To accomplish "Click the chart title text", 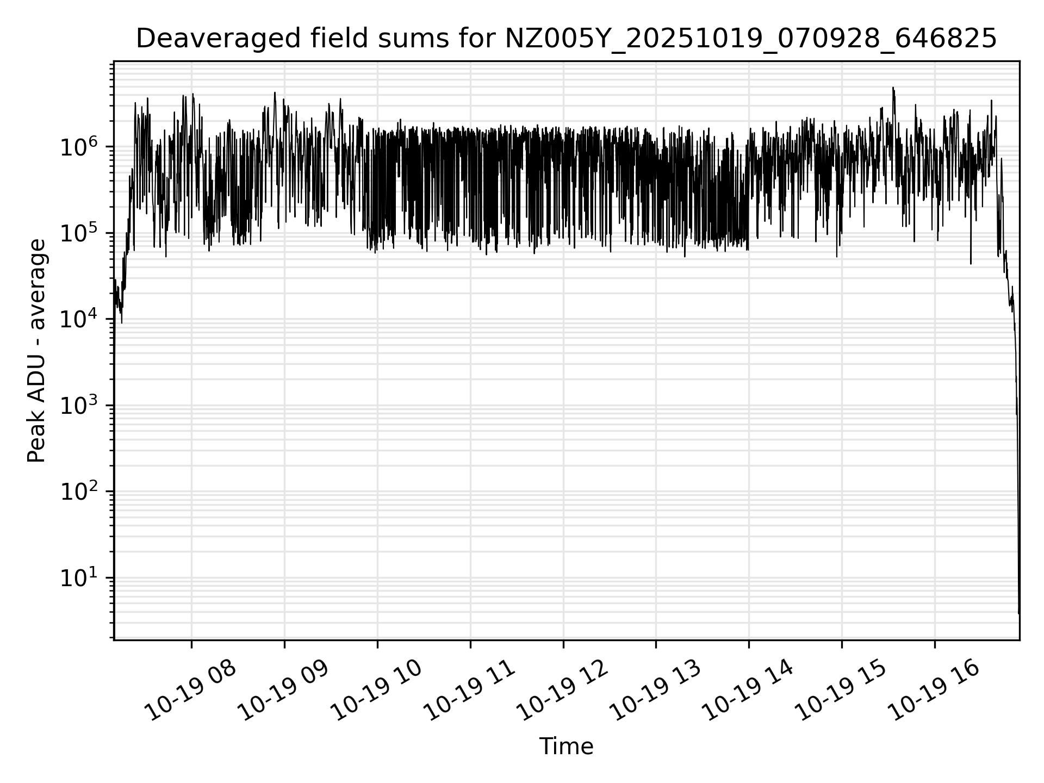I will (566, 39).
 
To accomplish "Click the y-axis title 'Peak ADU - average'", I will (37, 351).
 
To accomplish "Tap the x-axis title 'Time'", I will (566, 747).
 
